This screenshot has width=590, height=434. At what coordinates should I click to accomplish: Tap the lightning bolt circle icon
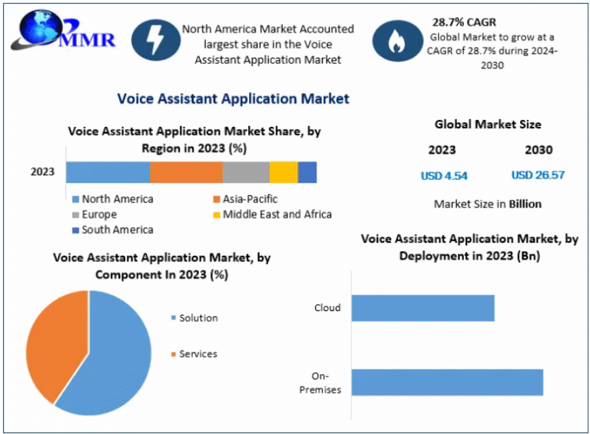tap(156, 40)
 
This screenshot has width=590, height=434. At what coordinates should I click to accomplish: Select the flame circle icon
tap(397, 40)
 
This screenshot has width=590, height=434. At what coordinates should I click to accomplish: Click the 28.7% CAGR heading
tap(464, 22)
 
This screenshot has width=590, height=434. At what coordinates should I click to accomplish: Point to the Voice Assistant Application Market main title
tap(233, 98)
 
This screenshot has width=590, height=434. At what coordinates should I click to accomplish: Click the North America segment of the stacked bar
tap(108, 172)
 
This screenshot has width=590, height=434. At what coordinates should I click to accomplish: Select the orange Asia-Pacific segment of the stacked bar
tap(186, 172)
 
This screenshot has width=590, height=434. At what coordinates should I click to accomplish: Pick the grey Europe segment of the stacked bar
tap(246, 172)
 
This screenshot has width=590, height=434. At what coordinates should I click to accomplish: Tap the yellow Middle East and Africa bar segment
tap(283, 172)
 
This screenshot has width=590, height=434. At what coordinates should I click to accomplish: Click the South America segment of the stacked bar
tap(307, 172)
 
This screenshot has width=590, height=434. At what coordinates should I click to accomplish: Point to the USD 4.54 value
tap(444, 175)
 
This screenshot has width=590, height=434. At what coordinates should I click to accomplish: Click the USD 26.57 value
tap(538, 175)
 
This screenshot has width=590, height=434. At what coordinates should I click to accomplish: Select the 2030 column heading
tap(539, 150)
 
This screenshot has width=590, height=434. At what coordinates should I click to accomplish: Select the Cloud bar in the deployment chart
tap(423, 308)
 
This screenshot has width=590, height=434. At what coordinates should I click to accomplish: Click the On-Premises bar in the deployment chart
tap(447, 382)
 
